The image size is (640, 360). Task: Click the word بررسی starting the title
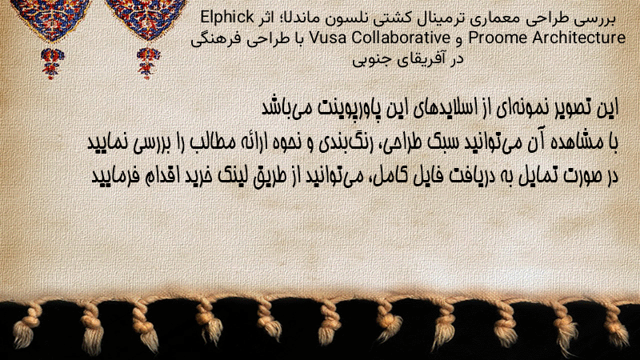click(596, 18)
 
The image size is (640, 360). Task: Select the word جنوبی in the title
click(370, 59)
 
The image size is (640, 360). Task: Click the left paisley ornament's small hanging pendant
click(51, 63)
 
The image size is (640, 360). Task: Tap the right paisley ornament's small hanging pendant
click(148, 63)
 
